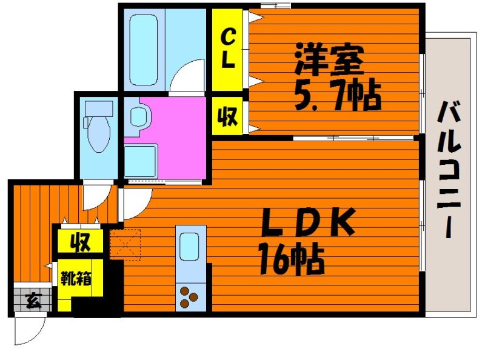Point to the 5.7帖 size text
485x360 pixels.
point(337,95)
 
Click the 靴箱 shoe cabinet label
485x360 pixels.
point(76,279)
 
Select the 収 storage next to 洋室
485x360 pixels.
point(227,115)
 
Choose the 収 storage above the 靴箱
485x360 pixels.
point(79,242)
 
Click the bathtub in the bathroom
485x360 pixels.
point(144,48)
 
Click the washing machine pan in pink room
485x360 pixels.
point(141,160)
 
